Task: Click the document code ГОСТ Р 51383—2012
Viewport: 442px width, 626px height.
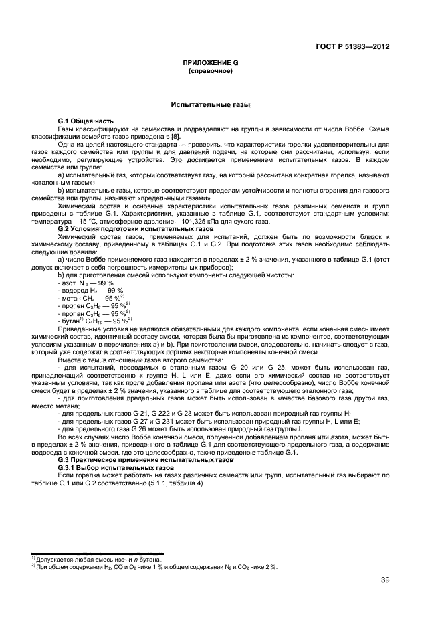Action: [352, 47]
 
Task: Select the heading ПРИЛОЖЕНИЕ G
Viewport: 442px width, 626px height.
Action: [210, 62]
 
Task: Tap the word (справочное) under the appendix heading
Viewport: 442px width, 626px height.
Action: [210, 70]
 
